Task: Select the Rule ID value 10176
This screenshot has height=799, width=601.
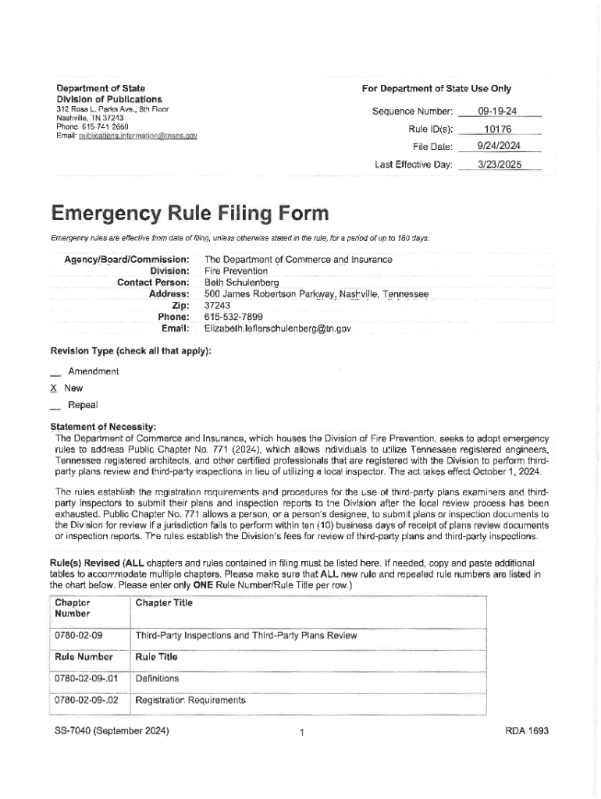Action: [497, 129]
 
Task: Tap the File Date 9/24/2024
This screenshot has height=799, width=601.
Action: [499, 147]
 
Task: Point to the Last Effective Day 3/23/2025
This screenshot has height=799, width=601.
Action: [499, 165]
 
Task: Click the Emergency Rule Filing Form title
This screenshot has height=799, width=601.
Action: [190, 213]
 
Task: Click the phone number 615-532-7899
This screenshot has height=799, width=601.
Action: [233, 317]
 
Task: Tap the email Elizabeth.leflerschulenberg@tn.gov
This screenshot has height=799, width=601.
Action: [277, 328]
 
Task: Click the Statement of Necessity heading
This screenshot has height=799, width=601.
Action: [103, 427]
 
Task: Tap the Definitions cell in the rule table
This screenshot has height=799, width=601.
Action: [157, 678]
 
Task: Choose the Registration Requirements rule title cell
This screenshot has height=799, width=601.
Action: [190, 700]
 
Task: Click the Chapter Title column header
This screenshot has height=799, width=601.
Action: [163, 602]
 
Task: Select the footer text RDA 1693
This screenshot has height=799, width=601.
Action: [528, 731]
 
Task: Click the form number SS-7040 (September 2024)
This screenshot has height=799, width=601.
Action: [108, 731]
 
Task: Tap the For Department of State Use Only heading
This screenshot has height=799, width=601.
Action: [436, 89]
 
